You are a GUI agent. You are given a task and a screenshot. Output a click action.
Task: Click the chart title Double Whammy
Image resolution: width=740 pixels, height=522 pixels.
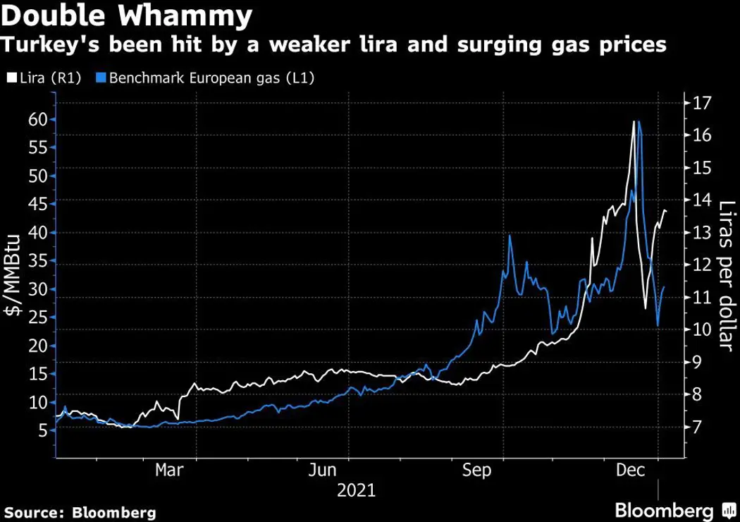click(x=128, y=16)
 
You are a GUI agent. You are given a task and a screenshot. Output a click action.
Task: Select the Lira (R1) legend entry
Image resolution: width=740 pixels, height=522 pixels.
click(x=44, y=79)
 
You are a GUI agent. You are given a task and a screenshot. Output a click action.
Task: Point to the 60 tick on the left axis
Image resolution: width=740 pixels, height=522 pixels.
click(x=37, y=119)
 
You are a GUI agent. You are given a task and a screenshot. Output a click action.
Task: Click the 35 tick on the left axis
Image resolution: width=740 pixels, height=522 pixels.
click(x=37, y=261)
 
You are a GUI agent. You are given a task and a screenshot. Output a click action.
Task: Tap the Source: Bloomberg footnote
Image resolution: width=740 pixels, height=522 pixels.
click(x=80, y=511)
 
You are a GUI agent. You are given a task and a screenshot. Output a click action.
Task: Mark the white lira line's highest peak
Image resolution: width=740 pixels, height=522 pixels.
click(x=634, y=121)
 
